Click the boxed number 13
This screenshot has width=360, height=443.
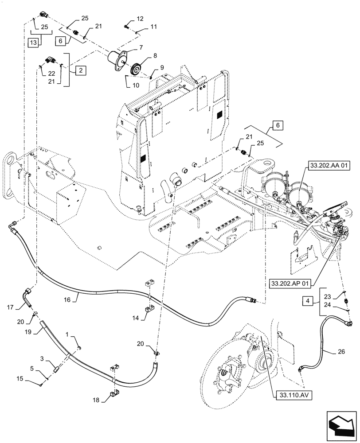(x=32, y=43)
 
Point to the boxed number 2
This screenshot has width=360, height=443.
(x=80, y=70)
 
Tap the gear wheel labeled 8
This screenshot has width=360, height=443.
(x=136, y=70)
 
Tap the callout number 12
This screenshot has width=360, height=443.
(x=140, y=19)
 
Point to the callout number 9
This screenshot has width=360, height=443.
(x=162, y=67)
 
